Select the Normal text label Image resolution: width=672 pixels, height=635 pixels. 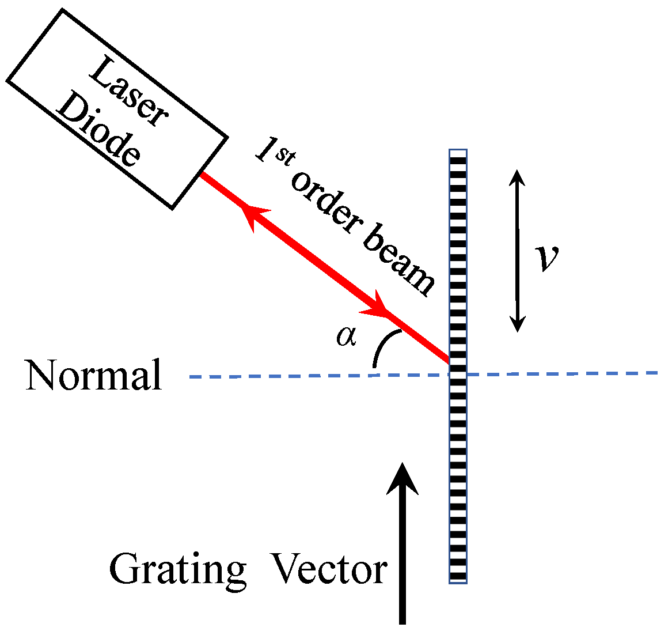coord(93,375)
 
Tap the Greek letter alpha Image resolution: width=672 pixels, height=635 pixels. coord(346,337)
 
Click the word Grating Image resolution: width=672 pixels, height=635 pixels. coord(177,569)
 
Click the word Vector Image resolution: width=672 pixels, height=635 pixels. coord(329,569)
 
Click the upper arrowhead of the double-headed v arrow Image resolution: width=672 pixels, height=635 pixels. coord(518,176)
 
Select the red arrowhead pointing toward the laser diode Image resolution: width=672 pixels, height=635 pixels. coord(250,215)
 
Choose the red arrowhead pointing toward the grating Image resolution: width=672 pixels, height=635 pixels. coord(377,306)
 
